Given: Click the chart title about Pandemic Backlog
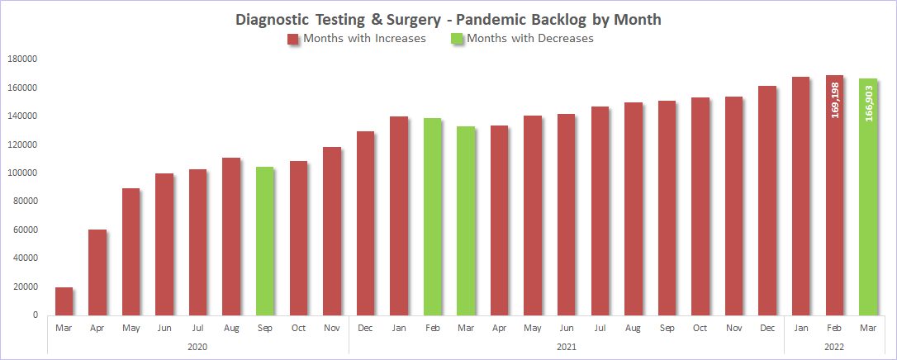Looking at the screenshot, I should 448,19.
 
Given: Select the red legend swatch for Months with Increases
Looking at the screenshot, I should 292,39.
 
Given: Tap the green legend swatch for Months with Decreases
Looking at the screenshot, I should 456,39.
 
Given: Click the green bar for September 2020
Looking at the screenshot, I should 264,240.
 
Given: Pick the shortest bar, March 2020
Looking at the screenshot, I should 64,301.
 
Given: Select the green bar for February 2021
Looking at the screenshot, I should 432,216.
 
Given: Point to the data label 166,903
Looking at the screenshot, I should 868,103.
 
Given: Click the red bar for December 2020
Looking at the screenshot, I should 365,223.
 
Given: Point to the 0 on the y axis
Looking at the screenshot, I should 36,315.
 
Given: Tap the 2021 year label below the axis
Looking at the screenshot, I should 566,347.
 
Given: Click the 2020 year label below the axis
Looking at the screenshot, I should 197,347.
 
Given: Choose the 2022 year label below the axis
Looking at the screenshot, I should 834,347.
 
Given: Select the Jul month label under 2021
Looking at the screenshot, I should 600,328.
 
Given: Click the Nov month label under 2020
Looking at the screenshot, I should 331,328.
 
